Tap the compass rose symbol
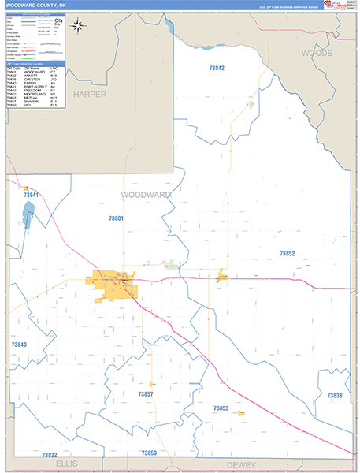pos(78,25)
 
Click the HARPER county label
pos(89,94)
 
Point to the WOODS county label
pos(316,52)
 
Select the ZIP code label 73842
pos(217,69)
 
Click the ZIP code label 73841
pos(31,195)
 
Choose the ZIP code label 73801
pos(116,218)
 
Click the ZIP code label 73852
pos(287,253)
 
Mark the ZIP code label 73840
pos(19,345)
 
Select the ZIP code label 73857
pos(145,393)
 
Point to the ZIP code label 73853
pos(221,408)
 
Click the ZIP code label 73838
pos(334,395)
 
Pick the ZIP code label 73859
pos(149,453)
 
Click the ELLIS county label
pos(67,465)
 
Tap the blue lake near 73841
pos(28,213)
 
